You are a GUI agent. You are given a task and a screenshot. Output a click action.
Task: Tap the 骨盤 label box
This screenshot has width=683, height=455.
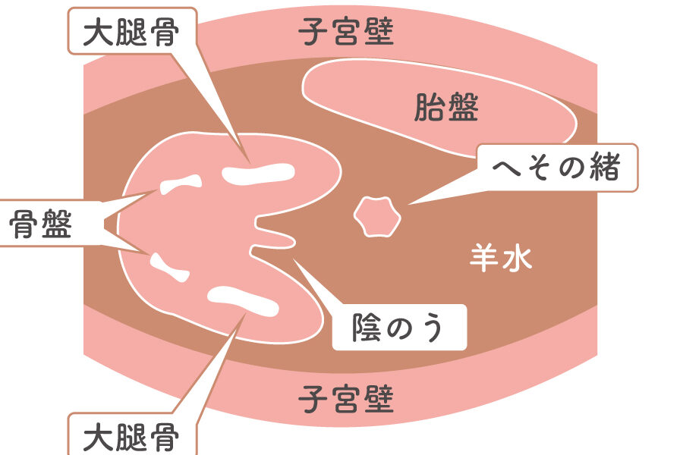coord(42,224)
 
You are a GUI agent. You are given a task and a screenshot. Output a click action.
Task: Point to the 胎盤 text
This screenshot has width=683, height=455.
coord(447,108)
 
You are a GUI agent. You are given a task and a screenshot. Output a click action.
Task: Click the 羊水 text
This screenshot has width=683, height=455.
coord(501,259)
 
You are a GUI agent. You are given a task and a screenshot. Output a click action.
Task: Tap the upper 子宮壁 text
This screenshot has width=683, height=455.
coord(346,33)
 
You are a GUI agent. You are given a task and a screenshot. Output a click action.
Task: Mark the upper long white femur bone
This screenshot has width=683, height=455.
coord(257,174)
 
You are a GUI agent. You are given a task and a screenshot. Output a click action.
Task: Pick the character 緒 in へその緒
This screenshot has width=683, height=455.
coord(603,168)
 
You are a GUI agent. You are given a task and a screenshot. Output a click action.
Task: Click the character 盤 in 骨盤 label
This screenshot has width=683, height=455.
coord(57,224)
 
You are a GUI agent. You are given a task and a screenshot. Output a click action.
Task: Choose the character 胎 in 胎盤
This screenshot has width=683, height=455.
coord(430,108)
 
